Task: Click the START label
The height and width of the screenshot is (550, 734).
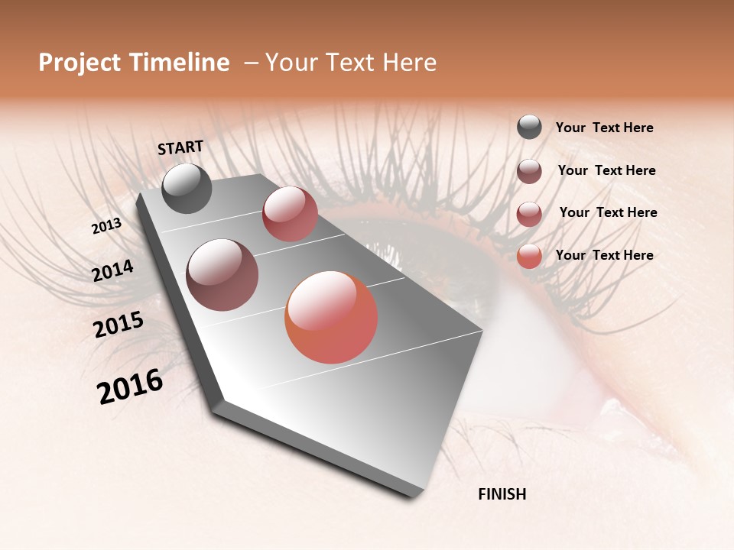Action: point(180,147)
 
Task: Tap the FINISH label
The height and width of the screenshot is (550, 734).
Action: point(502,494)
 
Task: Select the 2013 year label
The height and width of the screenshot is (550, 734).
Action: point(107,226)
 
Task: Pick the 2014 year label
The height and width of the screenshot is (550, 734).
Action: point(113,271)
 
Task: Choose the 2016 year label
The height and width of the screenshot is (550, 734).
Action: point(130,387)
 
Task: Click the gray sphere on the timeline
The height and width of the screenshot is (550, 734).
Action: point(187,188)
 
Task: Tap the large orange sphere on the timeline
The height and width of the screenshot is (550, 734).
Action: point(331,317)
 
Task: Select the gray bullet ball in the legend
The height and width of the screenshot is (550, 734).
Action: point(529,127)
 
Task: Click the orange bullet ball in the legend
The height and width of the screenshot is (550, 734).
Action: point(529,256)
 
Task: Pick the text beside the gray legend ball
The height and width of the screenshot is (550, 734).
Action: point(604,128)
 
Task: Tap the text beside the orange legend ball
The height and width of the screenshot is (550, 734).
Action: point(604,255)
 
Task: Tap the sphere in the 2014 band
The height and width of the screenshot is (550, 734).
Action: point(222,275)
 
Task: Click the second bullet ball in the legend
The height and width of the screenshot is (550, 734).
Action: point(529,171)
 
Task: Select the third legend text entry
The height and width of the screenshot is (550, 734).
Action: point(608,212)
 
